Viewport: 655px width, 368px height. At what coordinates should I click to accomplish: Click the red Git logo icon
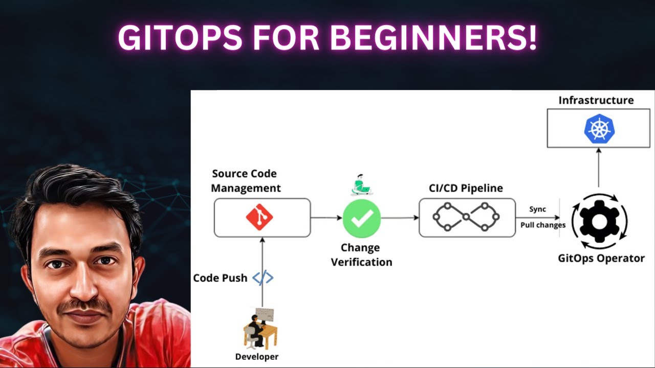[259, 218]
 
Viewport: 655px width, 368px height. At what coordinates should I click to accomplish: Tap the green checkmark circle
[362, 218]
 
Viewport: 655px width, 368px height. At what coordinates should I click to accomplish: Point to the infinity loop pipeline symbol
[466, 218]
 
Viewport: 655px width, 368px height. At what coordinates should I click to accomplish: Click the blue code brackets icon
[263, 278]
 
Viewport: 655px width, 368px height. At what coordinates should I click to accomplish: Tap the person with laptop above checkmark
[362, 185]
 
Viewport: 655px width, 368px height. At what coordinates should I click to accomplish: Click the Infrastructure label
[596, 100]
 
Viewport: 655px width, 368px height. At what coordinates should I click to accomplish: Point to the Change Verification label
[361, 255]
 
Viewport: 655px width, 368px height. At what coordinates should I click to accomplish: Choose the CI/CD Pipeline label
[465, 188]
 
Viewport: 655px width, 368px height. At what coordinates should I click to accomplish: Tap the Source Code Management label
[246, 181]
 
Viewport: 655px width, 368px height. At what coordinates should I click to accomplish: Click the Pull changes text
[543, 225]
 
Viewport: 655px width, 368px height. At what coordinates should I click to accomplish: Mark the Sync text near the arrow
[537, 209]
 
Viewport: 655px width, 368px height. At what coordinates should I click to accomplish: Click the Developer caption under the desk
[257, 357]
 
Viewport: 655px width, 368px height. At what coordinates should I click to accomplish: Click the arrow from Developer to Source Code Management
[262, 271]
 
